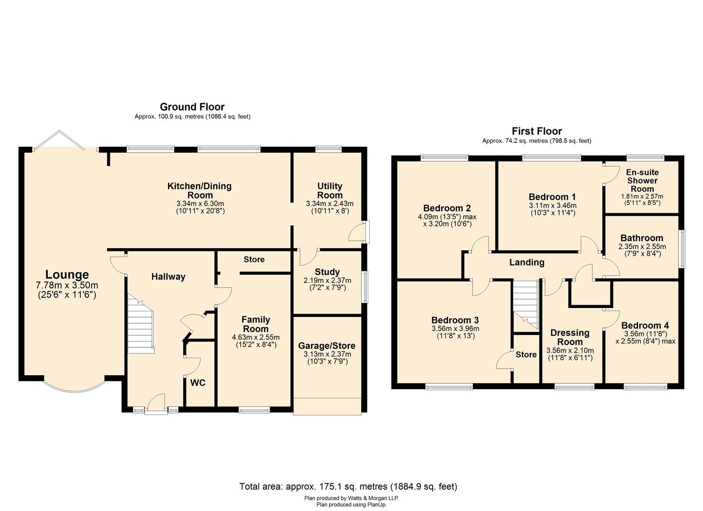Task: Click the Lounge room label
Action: coord(67,274)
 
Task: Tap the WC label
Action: coord(198,383)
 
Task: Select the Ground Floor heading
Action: coord(192,107)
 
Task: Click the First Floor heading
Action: coord(536,131)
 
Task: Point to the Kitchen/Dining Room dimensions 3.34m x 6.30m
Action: coord(199,203)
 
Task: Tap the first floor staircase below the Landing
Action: coord(526,305)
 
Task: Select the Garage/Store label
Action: coord(327,346)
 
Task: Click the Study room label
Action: coord(327,272)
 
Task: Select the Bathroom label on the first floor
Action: coord(641,238)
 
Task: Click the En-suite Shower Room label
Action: coord(642,180)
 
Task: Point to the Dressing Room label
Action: coord(570,337)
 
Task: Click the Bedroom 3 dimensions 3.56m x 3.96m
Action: coord(455,329)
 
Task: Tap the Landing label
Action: coord(526,262)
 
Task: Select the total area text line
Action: coord(348,486)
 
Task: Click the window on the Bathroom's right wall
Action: coord(682,249)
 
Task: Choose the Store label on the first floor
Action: coord(526,354)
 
